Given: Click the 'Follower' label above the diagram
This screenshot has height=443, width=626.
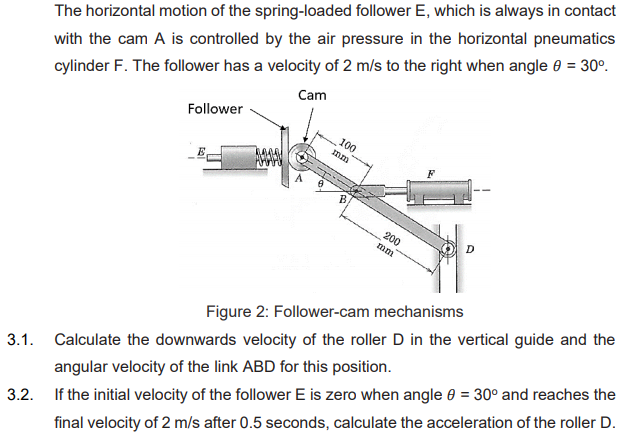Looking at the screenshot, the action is coord(215,108).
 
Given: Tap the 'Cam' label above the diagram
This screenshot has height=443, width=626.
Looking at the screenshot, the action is coord(311,96).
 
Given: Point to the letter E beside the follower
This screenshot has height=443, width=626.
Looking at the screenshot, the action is coord(201,151).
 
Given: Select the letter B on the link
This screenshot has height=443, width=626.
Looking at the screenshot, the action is coord(342,200).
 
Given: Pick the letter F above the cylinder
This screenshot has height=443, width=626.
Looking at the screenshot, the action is coord(430,173).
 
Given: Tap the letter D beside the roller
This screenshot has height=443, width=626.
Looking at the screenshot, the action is coord(470,247).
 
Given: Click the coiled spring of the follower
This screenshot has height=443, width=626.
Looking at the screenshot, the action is coord(272,157).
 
